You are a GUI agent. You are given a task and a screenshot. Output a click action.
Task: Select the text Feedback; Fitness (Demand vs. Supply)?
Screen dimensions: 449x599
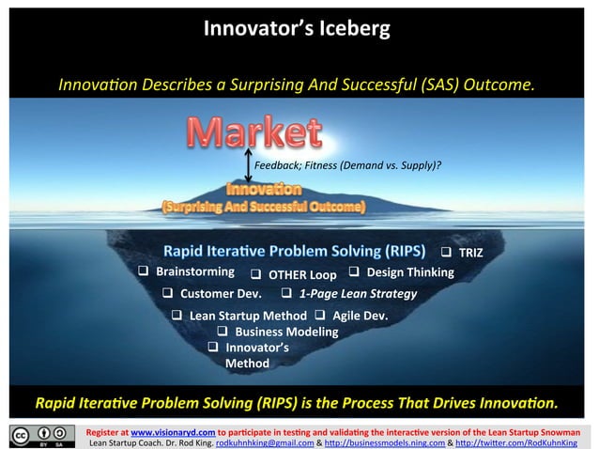[347, 166]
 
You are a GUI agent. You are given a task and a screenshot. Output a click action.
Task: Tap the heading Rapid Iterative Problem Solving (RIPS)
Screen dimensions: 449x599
[294, 252]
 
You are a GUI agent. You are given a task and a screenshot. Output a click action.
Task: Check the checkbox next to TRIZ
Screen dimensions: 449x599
[448, 253]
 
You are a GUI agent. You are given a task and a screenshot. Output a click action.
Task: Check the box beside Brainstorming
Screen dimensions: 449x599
[145, 272]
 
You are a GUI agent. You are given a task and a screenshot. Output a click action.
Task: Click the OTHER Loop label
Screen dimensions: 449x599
[302, 275]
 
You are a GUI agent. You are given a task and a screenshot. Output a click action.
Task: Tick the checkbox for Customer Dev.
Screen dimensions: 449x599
[170, 295]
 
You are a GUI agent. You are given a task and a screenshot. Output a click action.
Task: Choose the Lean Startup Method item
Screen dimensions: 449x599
[248, 316]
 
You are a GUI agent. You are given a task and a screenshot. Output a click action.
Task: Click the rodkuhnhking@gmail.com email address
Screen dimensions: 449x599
[264, 441]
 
